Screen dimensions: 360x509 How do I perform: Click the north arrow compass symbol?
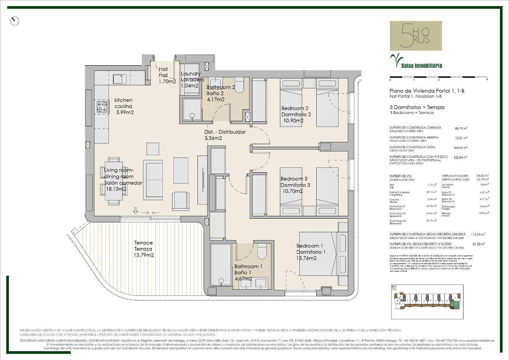[x=15, y=21]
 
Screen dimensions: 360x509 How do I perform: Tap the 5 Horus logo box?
[x=416, y=36]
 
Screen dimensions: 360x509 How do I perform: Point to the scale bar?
[x=438, y=77]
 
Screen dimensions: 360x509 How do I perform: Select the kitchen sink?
[x=119, y=79]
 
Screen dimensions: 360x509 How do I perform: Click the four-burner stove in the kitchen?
[x=102, y=107]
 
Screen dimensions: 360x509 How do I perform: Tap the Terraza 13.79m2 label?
[x=144, y=249]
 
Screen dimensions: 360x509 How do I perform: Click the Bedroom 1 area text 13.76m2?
[x=306, y=258]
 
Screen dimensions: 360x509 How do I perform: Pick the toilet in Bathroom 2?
[x=239, y=86]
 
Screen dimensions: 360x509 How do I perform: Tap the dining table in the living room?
[x=113, y=181]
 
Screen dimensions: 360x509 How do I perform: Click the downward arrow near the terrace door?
[x=135, y=211]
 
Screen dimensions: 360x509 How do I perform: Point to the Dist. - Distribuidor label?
[x=225, y=132]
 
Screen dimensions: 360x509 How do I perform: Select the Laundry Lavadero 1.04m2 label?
[x=192, y=80]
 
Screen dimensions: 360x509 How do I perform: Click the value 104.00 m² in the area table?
[x=460, y=148]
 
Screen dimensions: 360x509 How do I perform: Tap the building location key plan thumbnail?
[x=427, y=302]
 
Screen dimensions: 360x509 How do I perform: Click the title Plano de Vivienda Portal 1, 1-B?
[x=427, y=91]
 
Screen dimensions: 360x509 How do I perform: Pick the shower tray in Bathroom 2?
[x=192, y=109]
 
